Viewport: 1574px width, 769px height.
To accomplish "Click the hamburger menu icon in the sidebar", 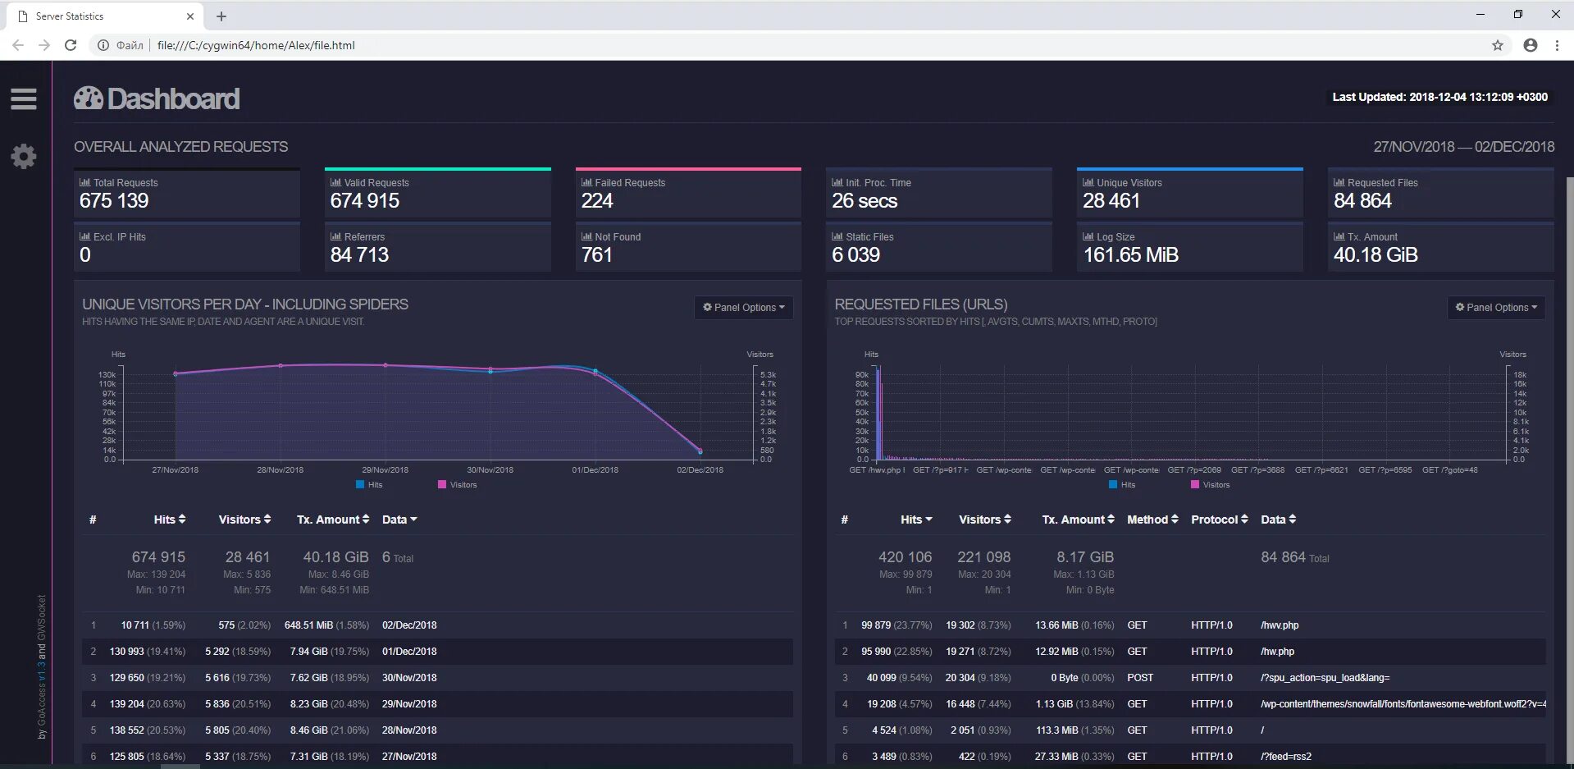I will coord(23,98).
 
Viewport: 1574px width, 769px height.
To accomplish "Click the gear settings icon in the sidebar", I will coord(23,156).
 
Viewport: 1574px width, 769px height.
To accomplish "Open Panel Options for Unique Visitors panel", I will coord(743,307).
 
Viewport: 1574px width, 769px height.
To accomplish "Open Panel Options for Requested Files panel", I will coord(1496,307).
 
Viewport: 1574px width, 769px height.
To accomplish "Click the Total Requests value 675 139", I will coord(114,201).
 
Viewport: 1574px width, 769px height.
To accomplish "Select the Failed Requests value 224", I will coord(597,201).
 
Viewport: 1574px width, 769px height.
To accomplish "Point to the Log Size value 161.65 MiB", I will coord(1130,255).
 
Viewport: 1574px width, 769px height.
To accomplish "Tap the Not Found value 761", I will coord(597,255).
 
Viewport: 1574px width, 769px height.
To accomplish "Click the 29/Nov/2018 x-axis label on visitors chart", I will coord(385,470).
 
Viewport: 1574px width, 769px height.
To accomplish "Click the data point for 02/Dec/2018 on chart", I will coord(700,451).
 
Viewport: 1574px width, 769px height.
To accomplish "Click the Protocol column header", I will coord(1219,520).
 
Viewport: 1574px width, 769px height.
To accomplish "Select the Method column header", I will coord(1152,520).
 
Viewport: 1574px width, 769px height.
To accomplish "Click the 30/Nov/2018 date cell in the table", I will coord(409,678).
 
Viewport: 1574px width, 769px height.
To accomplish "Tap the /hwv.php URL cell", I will coord(1280,625).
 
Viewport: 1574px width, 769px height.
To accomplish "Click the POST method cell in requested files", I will coord(1140,678).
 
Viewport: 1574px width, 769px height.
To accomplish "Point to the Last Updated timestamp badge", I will coord(1439,97).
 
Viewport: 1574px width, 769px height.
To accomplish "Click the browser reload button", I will coord(71,45).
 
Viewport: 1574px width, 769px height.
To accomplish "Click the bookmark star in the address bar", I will coord(1498,45).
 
